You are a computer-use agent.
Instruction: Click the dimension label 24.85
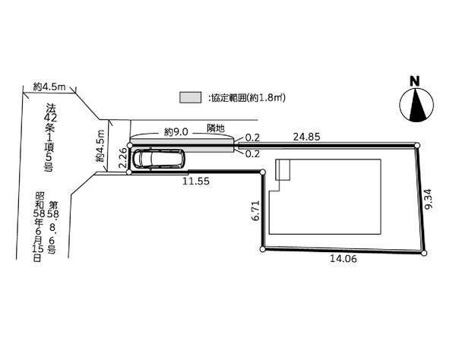tap(306, 137)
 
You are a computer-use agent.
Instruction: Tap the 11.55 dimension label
tap(196, 182)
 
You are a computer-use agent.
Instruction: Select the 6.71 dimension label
tap(255, 210)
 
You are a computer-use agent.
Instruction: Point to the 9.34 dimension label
tap(428, 199)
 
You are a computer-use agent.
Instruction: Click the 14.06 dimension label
tap(344, 258)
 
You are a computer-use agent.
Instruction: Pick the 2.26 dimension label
tap(123, 158)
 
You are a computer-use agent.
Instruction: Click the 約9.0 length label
tap(176, 132)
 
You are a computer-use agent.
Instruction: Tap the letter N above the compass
tap(415, 81)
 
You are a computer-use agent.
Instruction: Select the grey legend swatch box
tap(191, 97)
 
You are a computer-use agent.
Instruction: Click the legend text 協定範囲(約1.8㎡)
tap(246, 98)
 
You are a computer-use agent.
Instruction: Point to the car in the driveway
tap(159, 159)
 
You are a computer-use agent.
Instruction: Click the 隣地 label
tap(216, 128)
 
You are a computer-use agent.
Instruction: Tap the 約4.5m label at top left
tap(49, 87)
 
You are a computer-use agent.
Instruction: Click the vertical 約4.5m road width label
tap(100, 146)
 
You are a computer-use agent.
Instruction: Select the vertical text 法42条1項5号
tap(49, 137)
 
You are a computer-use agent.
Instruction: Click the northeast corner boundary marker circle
tap(417, 145)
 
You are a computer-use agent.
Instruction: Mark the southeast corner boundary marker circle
tap(424, 253)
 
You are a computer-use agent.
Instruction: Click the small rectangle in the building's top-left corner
tap(283, 169)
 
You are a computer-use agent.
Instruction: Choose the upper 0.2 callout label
tap(252, 137)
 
